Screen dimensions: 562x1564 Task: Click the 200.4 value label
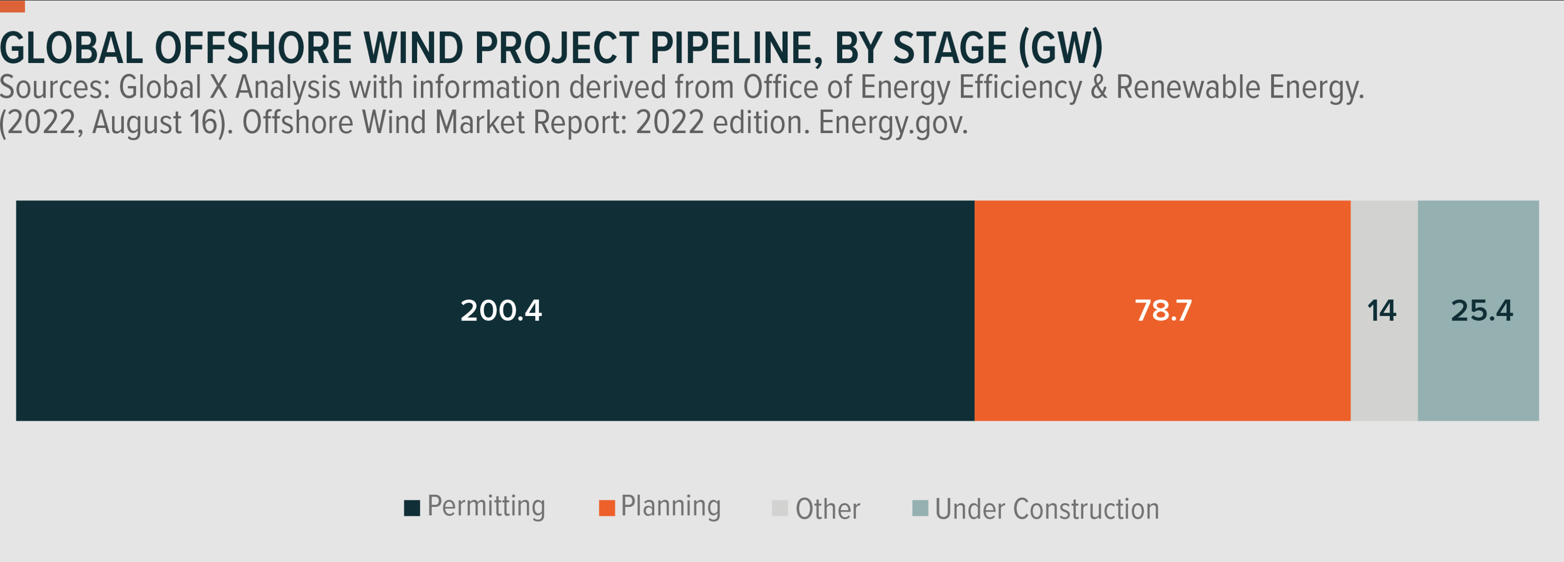501,311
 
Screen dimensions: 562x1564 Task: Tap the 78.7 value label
1163,311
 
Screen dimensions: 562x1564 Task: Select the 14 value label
1382,311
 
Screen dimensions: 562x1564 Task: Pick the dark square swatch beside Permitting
412,508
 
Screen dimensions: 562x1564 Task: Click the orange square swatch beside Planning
606,508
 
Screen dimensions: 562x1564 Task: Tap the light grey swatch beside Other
780,508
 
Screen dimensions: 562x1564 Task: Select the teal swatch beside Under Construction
920,508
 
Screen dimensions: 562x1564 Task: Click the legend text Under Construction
1047,509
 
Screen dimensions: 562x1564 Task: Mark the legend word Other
827,509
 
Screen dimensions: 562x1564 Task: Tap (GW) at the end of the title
1060,49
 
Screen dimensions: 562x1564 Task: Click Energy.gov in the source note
893,123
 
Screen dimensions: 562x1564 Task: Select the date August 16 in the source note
154,123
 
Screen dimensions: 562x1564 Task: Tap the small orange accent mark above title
12,7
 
